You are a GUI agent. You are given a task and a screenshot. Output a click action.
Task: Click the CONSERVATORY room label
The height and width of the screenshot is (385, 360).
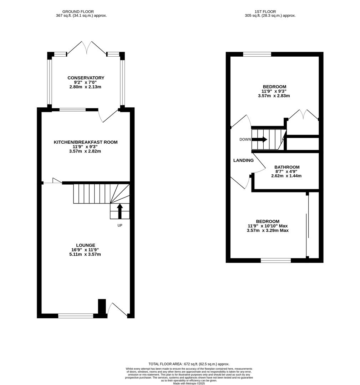pyautogui.click(x=86, y=78)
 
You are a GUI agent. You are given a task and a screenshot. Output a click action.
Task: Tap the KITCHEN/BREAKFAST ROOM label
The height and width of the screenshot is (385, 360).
pyautogui.click(x=86, y=142)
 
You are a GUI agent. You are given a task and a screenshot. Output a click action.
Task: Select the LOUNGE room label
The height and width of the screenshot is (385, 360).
pyautogui.click(x=86, y=245)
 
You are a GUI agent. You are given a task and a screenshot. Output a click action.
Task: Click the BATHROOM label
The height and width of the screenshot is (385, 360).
pyautogui.click(x=287, y=167)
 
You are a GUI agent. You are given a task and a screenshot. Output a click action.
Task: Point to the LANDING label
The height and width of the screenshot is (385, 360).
pyautogui.click(x=243, y=160)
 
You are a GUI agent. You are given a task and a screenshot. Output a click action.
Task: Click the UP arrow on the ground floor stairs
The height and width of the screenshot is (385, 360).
pyautogui.click(x=120, y=211)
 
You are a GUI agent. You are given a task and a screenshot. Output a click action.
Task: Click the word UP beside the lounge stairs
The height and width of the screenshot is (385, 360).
pyautogui.click(x=120, y=225)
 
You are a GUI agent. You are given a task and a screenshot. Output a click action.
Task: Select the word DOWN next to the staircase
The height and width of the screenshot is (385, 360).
pyautogui.click(x=245, y=139)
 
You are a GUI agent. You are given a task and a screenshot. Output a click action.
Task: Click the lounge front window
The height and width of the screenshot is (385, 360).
pyautogui.click(x=76, y=315)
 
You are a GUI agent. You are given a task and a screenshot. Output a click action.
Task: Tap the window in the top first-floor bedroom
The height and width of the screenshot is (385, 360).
pyautogui.click(x=257, y=54)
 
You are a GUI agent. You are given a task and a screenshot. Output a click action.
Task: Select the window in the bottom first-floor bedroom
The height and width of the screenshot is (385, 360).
pyautogui.click(x=275, y=261)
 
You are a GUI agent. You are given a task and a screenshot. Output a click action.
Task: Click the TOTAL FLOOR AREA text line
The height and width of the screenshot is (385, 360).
pyautogui.click(x=189, y=364)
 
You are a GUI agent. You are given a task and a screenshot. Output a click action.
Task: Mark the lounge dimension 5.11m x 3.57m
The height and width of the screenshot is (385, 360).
pyautogui.click(x=86, y=255)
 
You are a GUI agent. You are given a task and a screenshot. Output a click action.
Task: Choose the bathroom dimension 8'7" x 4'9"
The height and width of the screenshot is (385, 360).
pyautogui.click(x=287, y=171)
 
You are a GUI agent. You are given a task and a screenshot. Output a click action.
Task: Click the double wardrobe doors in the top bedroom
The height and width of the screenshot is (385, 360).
pyautogui.click(x=303, y=115)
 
